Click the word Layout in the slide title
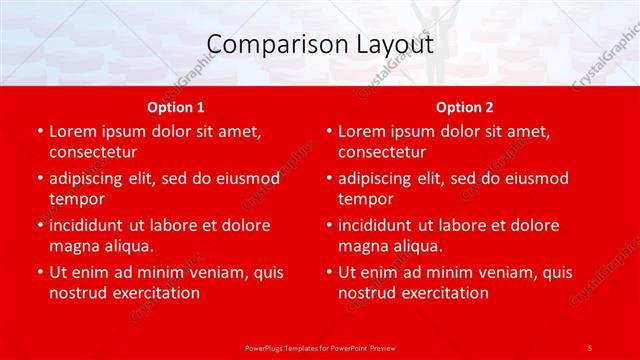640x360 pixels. [x=398, y=45]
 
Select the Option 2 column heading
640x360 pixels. [x=464, y=107]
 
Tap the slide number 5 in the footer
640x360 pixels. [x=590, y=346]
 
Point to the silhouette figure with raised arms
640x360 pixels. [x=431, y=40]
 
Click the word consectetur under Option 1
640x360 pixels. [x=93, y=152]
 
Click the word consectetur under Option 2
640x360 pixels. [x=382, y=152]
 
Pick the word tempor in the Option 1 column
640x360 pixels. [x=75, y=199]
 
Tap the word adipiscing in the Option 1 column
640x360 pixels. [x=91, y=178]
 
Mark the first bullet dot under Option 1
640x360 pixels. [x=39, y=131]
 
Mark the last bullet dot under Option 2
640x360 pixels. [x=328, y=272]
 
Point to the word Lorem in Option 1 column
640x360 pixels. [x=73, y=131]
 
